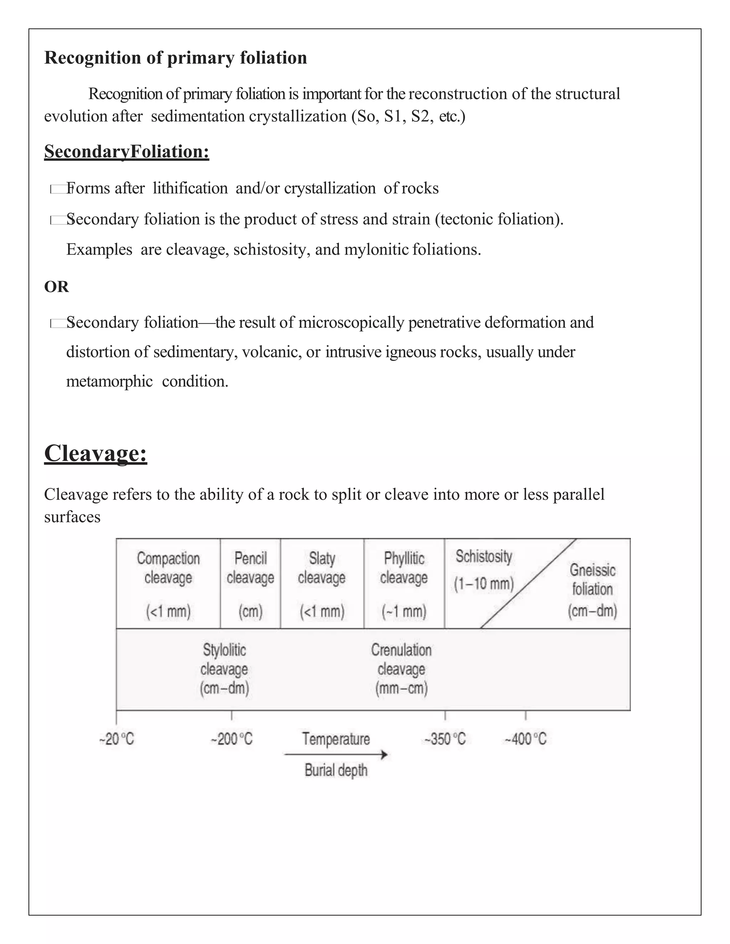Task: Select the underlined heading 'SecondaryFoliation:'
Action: [127, 152]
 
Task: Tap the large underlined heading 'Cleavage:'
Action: [96, 453]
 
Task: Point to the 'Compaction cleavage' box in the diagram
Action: [168, 583]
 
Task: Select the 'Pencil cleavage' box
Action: [250, 583]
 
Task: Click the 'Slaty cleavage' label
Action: [322, 568]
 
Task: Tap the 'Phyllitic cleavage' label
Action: [404, 568]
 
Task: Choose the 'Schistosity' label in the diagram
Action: [483, 557]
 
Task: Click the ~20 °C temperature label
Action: [117, 739]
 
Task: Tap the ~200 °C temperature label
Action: [232, 739]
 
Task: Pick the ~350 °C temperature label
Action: [445, 739]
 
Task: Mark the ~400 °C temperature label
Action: [525, 739]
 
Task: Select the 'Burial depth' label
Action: [336, 770]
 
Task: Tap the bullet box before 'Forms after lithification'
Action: [58, 189]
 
